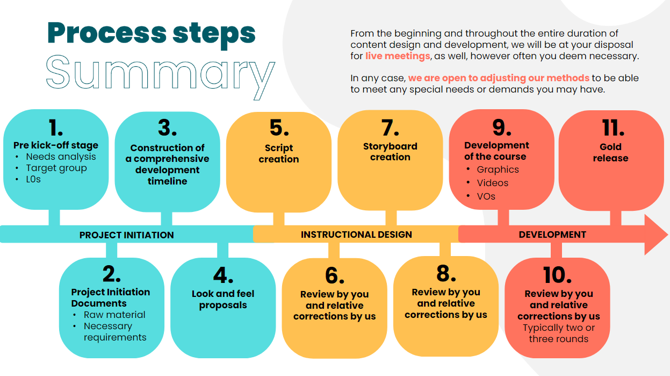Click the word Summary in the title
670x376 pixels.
pyautogui.click(x=160, y=76)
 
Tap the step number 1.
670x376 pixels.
pyautogui.click(x=55, y=128)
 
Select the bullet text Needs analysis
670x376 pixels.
pyautogui.click(x=61, y=157)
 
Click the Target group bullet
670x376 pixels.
pyautogui.click(x=56, y=168)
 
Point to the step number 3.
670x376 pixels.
pyautogui.click(x=167, y=128)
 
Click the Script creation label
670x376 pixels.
pyautogui.click(x=278, y=153)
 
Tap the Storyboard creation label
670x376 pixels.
pyautogui.click(x=390, y=152)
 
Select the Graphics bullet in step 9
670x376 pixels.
pyautogui.click(x=498, y=169)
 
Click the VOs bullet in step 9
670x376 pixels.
pyautogui.click(x=486, y=196)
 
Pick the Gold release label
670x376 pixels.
pyautogui.click(x=610, y=152)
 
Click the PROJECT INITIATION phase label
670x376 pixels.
pyautogui.click(x=126, y=235)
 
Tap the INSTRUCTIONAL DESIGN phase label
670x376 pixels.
pyautogui.click(x=356, y=235)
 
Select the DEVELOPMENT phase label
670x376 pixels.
pyautogui.click(x=552, y=235)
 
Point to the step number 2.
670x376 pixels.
pyautogui.click(x=111, y=274)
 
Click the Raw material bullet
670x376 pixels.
pyautogui.click(x=114, y=315)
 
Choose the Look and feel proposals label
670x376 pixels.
pyautogui.click(x=223, y=300)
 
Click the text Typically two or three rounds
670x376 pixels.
pyautogui.click(x=559, y=334)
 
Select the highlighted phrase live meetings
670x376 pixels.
pyautogui.click(x=398, y=56)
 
